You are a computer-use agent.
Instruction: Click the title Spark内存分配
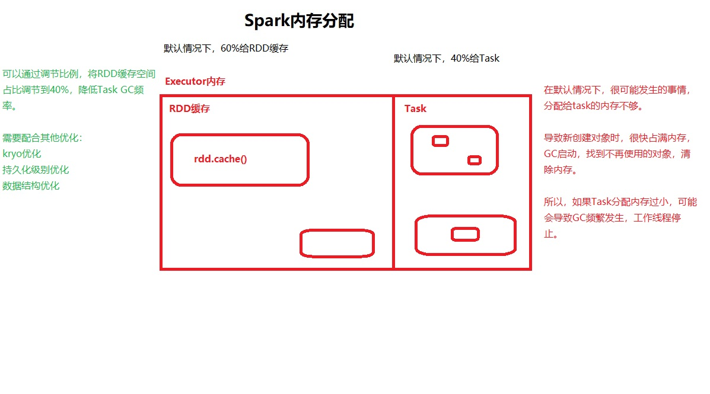point(299,21)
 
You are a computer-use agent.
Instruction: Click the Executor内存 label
point(195,82)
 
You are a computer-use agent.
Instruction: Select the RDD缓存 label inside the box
point(190,109)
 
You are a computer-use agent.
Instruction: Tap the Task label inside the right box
point(415,109)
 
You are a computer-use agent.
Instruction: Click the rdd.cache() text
point(220,159)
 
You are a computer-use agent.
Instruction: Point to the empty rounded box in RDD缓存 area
point(337,244)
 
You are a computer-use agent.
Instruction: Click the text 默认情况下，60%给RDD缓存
point(226,49)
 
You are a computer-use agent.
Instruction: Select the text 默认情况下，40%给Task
point(447,59)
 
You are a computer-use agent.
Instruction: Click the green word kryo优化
point(22,154)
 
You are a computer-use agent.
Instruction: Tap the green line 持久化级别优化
point(36,170)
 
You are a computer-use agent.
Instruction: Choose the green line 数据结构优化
point(31,186)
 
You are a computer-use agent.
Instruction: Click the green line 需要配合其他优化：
point(43,138)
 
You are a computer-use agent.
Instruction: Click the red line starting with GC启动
point(617,154)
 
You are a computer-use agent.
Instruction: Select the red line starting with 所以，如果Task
point(620,202)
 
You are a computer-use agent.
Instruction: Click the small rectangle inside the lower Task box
point(465,235)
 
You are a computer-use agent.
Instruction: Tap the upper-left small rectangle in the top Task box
point(440,141)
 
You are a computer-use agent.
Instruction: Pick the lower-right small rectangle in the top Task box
point(474,160)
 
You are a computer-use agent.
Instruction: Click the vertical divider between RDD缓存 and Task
point(393,190)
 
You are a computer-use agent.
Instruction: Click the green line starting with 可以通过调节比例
point(79,75)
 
